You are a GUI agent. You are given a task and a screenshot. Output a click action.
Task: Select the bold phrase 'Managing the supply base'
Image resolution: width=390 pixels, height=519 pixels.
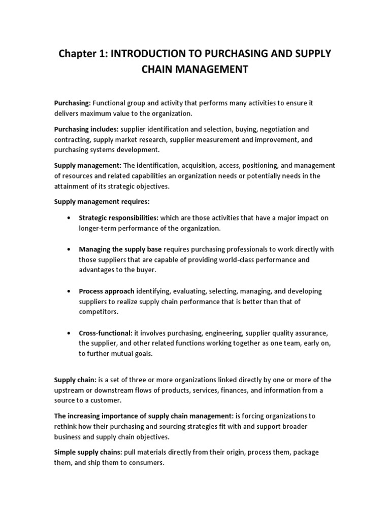pos(120,249)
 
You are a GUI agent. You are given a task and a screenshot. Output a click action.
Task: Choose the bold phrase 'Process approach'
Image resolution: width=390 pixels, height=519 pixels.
pos(107,291)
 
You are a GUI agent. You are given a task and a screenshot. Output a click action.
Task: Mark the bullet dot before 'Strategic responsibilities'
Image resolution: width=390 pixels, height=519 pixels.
pos(69,218)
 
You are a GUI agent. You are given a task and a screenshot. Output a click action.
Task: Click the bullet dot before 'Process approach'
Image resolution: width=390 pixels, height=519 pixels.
pos(69,292)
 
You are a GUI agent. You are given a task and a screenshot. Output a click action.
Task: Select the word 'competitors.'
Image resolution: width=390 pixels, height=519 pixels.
pos(98,312)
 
